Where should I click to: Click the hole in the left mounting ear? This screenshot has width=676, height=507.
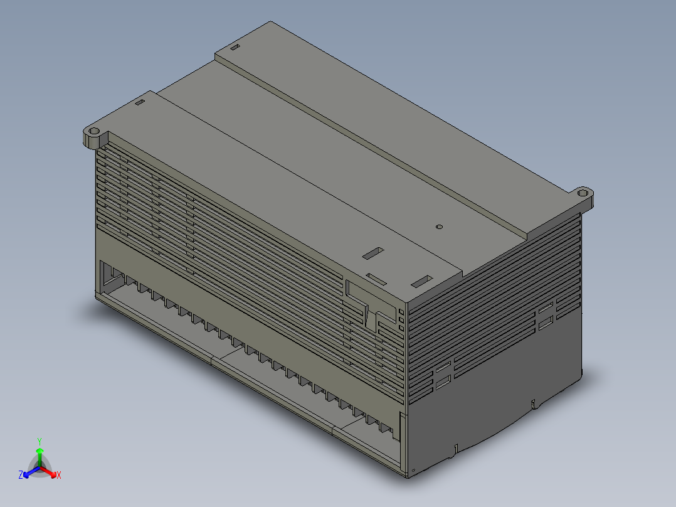(x=94, y=134)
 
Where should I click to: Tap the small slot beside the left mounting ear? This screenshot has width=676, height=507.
(x=140, y=102)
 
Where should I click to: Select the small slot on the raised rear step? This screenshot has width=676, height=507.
(x=235, y=48)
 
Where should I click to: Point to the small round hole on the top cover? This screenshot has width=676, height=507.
(x=439, y=227)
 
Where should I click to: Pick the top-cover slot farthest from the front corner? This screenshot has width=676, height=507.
(x=374, y=252)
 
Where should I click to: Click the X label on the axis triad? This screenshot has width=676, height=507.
(x=58, y=476)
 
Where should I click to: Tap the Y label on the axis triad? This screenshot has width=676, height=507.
(x=39, y=441)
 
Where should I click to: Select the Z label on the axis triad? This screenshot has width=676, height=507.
(x=21, y=476)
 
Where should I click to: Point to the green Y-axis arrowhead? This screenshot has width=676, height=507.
(x=39, y=451)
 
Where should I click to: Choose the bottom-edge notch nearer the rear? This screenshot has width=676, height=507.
(x=533, y=403)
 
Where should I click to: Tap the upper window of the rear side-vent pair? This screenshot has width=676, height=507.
(x=545, y=309)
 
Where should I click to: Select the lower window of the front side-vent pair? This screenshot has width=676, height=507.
(x=443, y=380)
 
